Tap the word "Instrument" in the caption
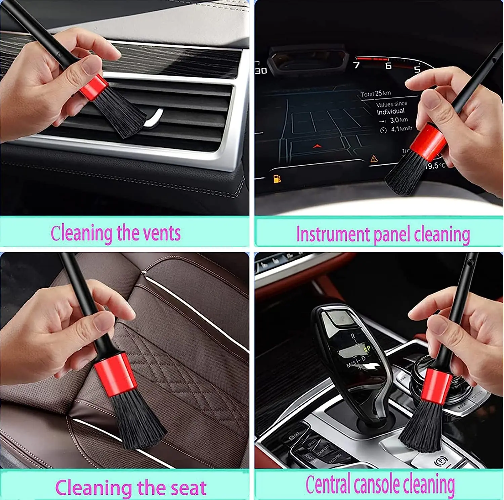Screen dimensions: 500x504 click(x=333, y=234)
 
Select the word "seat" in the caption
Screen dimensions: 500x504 click(x=188, y=488)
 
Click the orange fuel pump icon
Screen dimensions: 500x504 click(x=277, y=179)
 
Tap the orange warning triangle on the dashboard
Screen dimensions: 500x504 click(x=374, y=158)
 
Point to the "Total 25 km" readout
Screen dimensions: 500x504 click(x=376, y=94)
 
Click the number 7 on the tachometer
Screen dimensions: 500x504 click(x=356, y=65)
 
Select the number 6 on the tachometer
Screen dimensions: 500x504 click(x=388, y=65)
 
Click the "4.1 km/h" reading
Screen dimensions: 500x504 click(x=401, y=129)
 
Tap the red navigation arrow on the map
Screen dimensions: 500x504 click(x=317, y=146)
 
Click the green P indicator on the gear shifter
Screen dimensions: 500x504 click(x=368, y=349)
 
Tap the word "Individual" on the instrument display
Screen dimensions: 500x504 click(x=390, y=111)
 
